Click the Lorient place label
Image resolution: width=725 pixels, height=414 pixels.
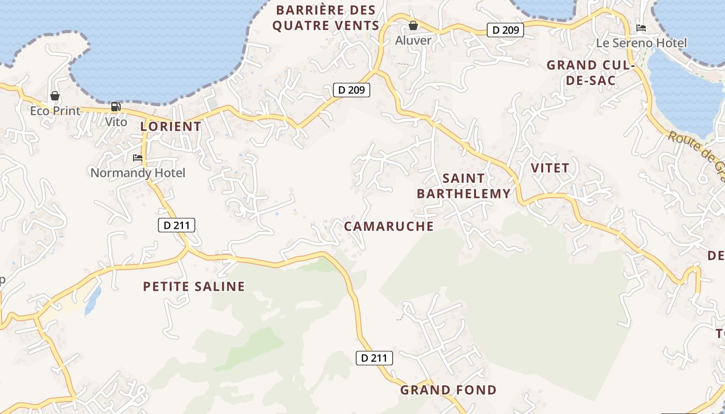click(171, 126)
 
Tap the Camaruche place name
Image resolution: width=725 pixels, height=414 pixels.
click(388, 226)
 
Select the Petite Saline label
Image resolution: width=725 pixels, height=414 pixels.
click(194, 287)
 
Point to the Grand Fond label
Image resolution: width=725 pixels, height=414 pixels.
click(448, 390)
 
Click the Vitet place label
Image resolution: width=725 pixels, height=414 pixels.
click(550, 168)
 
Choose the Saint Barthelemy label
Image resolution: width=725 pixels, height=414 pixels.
click(463, 186)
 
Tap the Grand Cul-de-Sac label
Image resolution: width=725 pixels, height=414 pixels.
click(590, 73)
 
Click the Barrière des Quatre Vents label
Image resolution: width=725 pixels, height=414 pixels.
click(326, 18)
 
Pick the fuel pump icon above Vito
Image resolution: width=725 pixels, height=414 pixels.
click(116, 107)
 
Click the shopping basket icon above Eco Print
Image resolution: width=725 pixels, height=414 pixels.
click(55, 96)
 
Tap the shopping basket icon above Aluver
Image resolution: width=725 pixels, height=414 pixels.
click(413, 25)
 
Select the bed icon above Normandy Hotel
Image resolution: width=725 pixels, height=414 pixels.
click(138, 158)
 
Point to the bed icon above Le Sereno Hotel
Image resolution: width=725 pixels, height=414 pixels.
click(641, 28)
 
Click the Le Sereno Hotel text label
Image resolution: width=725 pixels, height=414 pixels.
click(642, 43)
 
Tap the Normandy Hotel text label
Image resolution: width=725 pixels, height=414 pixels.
click(138, 173)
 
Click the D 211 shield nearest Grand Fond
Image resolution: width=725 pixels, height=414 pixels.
click(374, 358)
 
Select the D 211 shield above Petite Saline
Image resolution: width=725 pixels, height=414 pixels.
click(176, 225)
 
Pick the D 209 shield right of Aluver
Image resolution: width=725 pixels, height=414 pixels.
click(505, 30)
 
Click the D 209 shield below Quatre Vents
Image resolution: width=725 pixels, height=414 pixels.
click(352, 90)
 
